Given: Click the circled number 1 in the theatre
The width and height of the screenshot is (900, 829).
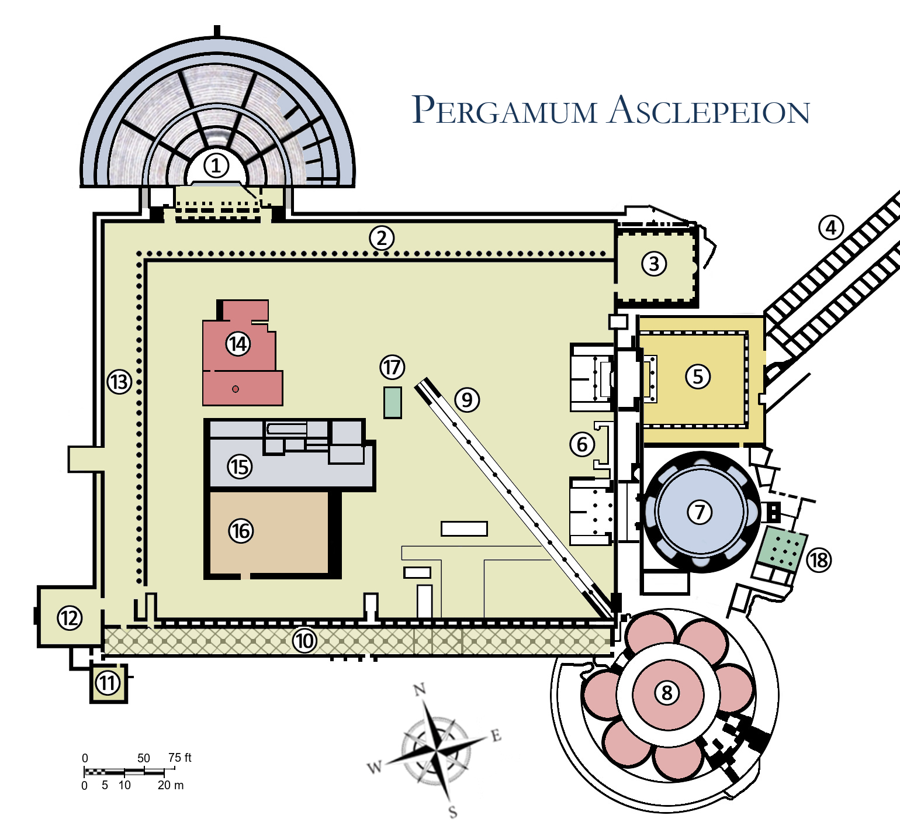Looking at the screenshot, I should pos(216,166).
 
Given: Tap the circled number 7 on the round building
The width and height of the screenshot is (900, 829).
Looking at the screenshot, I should pos(700,512).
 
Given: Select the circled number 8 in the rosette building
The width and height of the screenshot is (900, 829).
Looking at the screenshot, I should pos(667,693).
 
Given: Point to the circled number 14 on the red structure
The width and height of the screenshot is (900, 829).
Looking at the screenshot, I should pos(238,344).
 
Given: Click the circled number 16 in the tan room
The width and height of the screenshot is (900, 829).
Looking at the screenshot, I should pos(241,531).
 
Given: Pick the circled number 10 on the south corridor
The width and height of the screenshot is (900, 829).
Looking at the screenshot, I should pos(304,641).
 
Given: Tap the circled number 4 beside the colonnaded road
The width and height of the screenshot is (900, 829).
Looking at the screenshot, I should pos(831,227).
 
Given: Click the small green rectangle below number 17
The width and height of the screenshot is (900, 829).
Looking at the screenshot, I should pos(392,403).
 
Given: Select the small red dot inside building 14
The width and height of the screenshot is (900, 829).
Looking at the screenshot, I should pos(236,389).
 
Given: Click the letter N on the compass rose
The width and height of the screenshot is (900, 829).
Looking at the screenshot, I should pos(420,690).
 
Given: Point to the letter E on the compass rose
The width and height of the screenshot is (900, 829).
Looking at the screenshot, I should pos(496,735).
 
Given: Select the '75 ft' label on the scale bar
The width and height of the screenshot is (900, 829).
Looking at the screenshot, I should pos(179,758).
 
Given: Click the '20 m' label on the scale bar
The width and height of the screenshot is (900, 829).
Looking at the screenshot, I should pos(170,785).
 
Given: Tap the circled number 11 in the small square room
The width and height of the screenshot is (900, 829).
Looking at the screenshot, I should pos(108,683).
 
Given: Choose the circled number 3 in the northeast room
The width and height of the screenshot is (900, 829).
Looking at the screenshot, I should pos(654,264).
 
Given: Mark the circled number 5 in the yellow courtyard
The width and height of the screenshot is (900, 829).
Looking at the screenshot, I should pos(698,376).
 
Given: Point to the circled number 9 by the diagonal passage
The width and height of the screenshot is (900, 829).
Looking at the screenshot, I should pos(467,400).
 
